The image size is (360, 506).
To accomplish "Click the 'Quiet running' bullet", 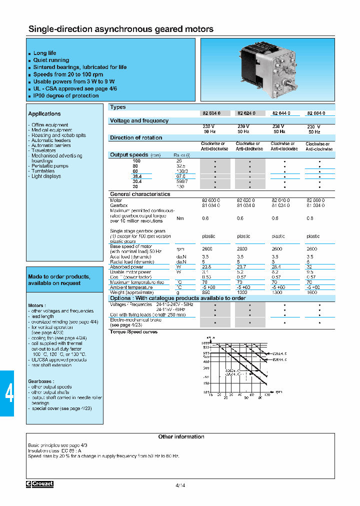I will (51, 60).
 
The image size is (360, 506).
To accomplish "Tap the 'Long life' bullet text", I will (44, 53).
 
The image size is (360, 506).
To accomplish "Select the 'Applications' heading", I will (44, 114).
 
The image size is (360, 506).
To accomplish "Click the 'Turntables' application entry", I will (43, 171).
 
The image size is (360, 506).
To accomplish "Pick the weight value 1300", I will (278, 292).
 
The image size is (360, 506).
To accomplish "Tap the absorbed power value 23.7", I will (243, 267).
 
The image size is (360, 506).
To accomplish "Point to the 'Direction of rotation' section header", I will (136, 137).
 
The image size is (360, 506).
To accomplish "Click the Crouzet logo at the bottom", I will (40, 484).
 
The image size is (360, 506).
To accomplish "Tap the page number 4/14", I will (180, 485).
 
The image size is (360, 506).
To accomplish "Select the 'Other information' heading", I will (181, 436).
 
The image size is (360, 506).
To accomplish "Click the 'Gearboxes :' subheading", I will (41, 381).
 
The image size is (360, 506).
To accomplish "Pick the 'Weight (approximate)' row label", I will (131, 292).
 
